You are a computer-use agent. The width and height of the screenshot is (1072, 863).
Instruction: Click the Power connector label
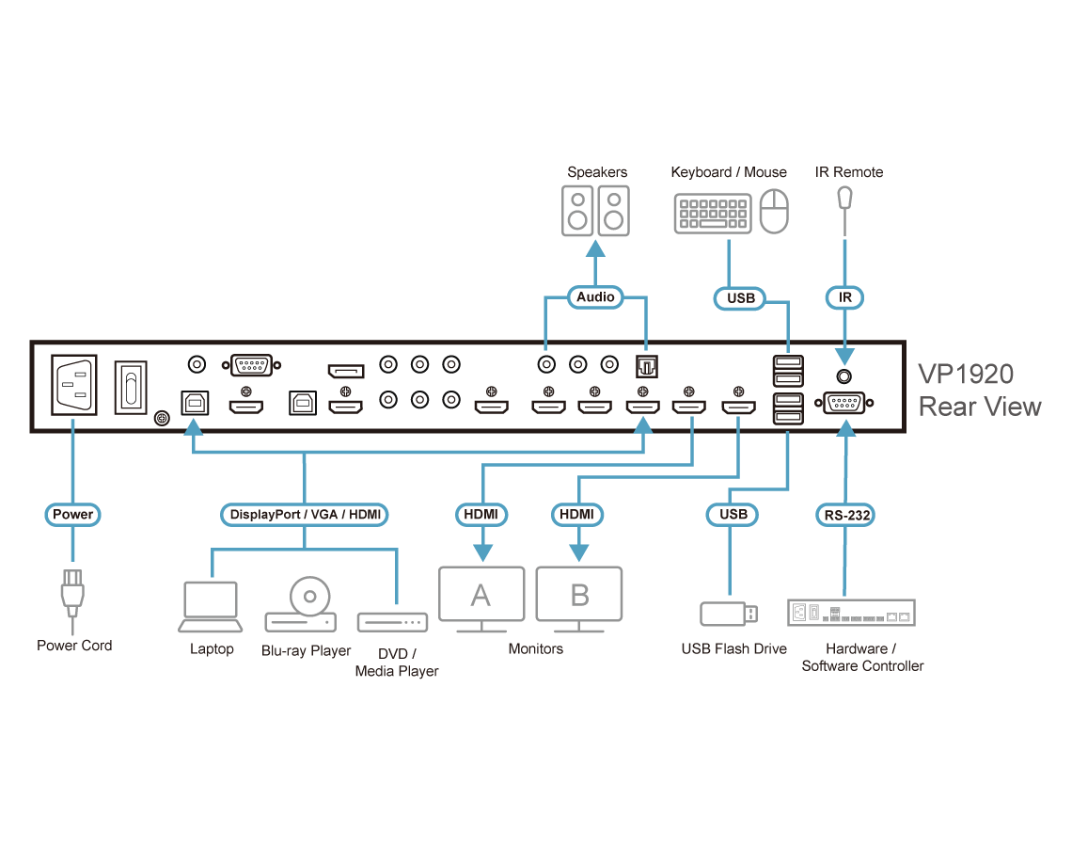pyautogui.click(x=72, y=514)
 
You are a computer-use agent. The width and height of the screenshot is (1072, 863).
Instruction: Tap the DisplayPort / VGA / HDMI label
pyautogui.click(x=305, y=514)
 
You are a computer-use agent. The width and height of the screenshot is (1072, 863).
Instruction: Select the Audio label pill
pyautogui.click(x=595, y=296)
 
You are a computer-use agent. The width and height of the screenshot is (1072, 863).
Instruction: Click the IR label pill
pyautogui.click(x=844, y=297)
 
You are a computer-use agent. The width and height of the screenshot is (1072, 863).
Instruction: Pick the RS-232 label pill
pyautogui.click(x=844, y=514)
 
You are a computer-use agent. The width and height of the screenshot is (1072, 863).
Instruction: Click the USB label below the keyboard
pyautogui.click(x=741, y=298)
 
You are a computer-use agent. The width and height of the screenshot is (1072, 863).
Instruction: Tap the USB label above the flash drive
pyautogui.click(x=733, y=514)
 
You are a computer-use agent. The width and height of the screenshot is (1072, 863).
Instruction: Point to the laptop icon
pyautogui.click(x=212, y=607)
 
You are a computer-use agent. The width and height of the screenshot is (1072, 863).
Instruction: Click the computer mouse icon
pyautogui.click(x=774, y=212)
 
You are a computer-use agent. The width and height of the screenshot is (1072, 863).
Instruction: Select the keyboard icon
pyautogui.click(x=713, y=214)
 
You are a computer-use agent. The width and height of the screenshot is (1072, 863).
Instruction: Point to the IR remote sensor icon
pyautogui.click(x=845, y=199)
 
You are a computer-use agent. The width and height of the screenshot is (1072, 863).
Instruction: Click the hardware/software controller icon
pyautogui.click(x=851, y=614)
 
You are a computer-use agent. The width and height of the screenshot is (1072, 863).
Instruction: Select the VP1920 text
pyautogui.click(x=966, y=374)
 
